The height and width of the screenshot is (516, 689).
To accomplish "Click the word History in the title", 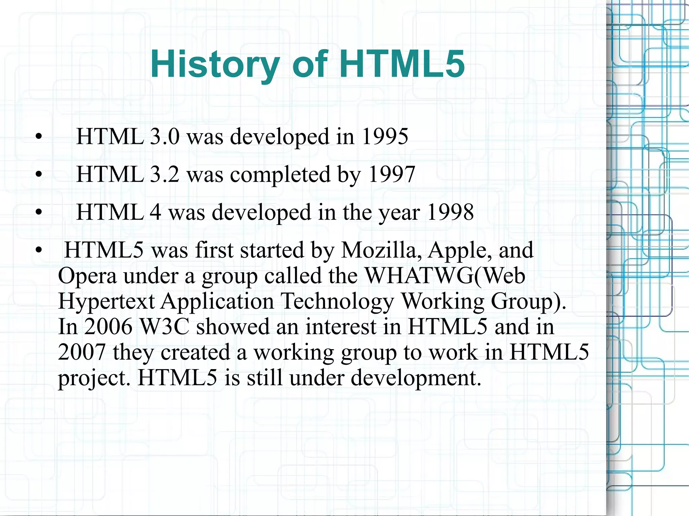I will click(215, 64).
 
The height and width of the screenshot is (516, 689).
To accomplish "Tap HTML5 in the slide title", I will click(402, 64).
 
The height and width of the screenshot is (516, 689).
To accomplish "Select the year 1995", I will click(385, 136).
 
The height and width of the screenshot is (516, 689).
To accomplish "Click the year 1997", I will click(392, 174).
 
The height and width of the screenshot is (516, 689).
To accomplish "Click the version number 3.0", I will click(165, 136).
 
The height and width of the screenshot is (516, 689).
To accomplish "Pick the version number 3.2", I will click(165, 174).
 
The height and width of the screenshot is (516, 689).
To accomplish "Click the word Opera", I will click(87, 276).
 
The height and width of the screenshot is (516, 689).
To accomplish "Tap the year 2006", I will click(108, 326).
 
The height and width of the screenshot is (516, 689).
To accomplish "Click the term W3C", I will click(165, 326).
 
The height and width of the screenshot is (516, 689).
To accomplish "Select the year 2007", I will click(82, 352).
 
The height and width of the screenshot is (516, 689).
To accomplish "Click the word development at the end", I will click(416, 378).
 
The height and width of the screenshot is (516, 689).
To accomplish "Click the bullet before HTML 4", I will click(39, 212).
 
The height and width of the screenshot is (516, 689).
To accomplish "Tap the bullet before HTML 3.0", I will click(39, 137).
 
